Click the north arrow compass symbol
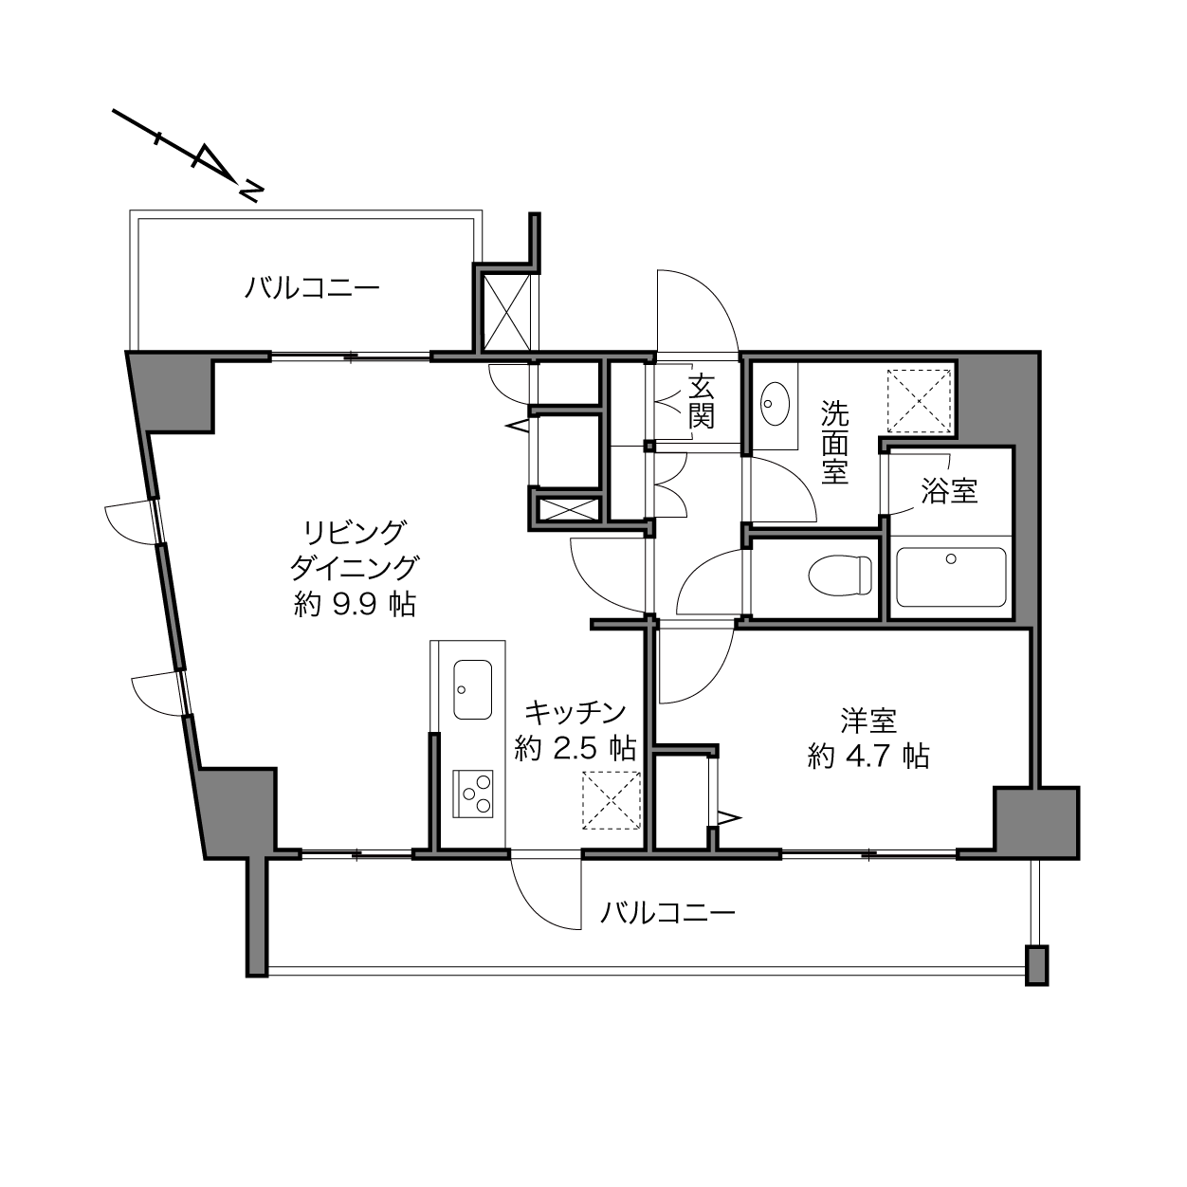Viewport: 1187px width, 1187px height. click(189, 155)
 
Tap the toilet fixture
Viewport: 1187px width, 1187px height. click(840, 575)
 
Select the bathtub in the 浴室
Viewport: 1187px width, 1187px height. click(951, 577)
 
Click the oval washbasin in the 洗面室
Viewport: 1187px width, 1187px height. click(775, 404)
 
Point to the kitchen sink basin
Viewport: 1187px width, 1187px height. click(472, 689)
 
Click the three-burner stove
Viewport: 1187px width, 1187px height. click(472, 794)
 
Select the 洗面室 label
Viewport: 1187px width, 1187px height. click(834, 442)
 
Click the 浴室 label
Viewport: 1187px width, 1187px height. click(949, 491)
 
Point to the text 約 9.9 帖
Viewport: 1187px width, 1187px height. click(355, 606)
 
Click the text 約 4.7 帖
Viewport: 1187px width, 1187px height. click(868, 757)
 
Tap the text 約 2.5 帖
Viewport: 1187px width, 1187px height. click(575, 748)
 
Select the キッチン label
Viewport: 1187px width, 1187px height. click(575, 713)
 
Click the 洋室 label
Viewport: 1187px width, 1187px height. click(868, 721)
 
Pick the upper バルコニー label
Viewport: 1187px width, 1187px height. click(312, 287)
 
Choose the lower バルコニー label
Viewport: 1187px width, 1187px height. click(668, 912)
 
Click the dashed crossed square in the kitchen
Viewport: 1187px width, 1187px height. click(612, 799)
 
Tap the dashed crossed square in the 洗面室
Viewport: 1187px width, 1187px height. click(919, 400)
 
